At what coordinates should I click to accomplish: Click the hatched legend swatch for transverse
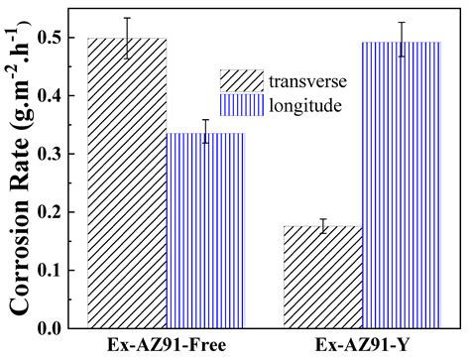coord(241,79)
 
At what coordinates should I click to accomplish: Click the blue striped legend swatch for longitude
coord(241,104)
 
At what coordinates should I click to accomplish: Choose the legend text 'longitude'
coord(302,104)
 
